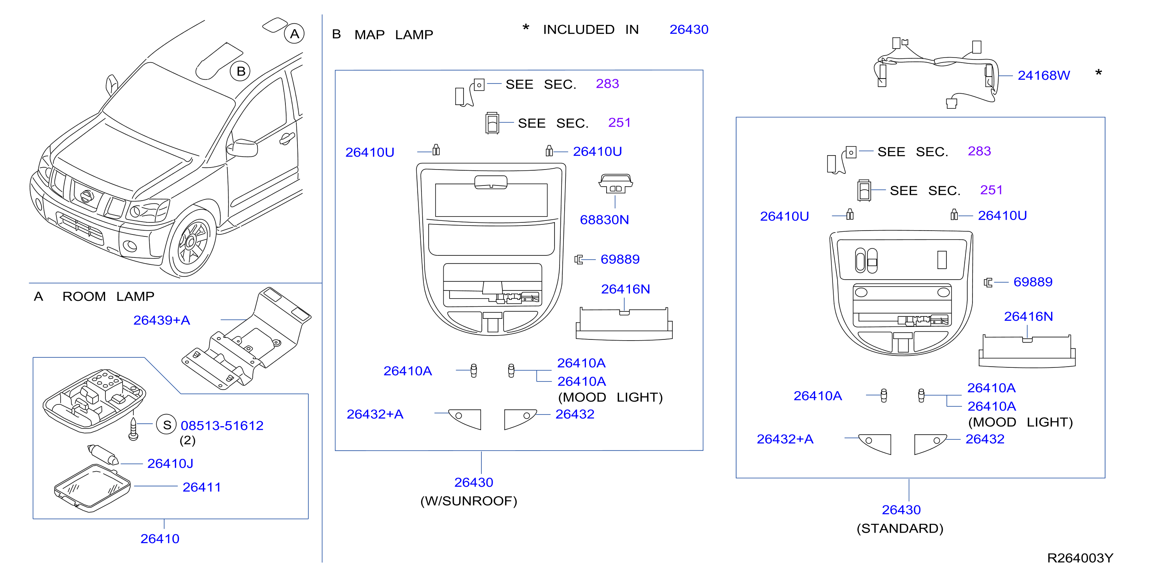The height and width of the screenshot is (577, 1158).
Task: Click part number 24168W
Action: click(1043, 75)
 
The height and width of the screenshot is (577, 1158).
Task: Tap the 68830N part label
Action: click(604, 220)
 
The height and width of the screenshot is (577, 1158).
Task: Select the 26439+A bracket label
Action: click(161, 320)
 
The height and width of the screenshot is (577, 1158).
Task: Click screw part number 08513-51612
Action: click(222, 426)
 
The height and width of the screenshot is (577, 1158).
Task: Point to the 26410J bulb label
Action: click(170, 463)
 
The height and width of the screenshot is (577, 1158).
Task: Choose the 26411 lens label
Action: click(201, 487)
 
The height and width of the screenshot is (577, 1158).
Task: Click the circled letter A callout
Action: click(294, 34)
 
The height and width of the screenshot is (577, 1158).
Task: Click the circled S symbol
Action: click(167, 425)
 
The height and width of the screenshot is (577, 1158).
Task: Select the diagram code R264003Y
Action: click(1080, 558)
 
